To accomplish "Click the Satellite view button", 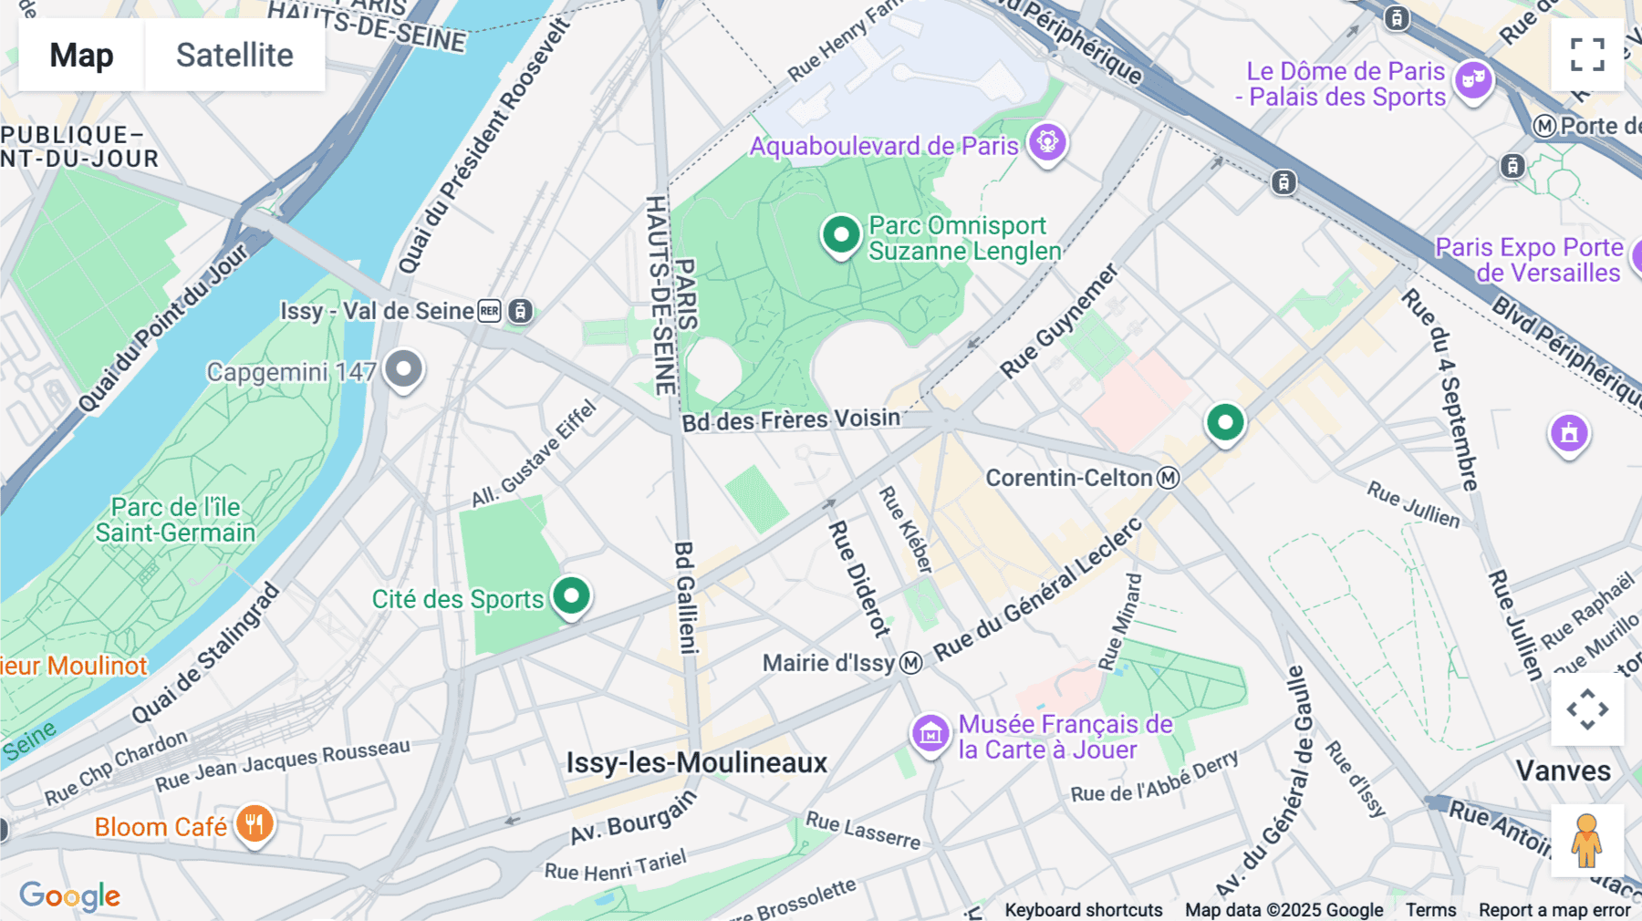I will (234, 56).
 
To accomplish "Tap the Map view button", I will (81, 56).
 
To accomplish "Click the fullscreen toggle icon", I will (1587, 55).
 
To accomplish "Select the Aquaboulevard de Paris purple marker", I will (1047, 142).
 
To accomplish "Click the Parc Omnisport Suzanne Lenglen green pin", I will (840, 235).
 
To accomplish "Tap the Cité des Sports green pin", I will (572, 596).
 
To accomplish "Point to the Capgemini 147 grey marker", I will (403, 369).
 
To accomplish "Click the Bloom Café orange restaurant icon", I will (255, 824).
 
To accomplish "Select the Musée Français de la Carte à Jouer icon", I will (930, 732).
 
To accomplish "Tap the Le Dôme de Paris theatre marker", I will (1473, 80).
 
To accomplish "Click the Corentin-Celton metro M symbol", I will (1168, 478).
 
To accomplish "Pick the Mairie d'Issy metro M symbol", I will (910, 663).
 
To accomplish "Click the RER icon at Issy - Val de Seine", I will (490, 311).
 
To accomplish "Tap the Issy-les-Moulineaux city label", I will (696, 762).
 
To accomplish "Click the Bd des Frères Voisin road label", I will (791, 420).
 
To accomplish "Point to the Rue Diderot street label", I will (858, 578).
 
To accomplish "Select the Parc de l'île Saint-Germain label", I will (175, 520).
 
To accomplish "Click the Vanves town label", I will (1563, 771).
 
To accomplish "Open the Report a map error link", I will (1554, 909).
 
